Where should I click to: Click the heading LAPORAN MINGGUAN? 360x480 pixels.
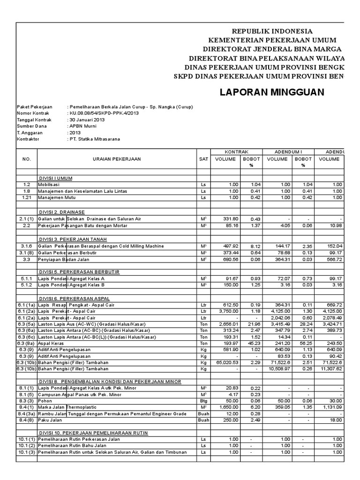[272, 92]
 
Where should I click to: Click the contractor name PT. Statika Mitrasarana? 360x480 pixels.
[96, 139]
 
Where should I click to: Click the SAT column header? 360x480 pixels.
[203, 159]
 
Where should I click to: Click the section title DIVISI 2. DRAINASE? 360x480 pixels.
[61, 212]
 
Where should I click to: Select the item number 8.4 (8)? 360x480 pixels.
[27, 421]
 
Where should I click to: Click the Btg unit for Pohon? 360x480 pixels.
[203, 402]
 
